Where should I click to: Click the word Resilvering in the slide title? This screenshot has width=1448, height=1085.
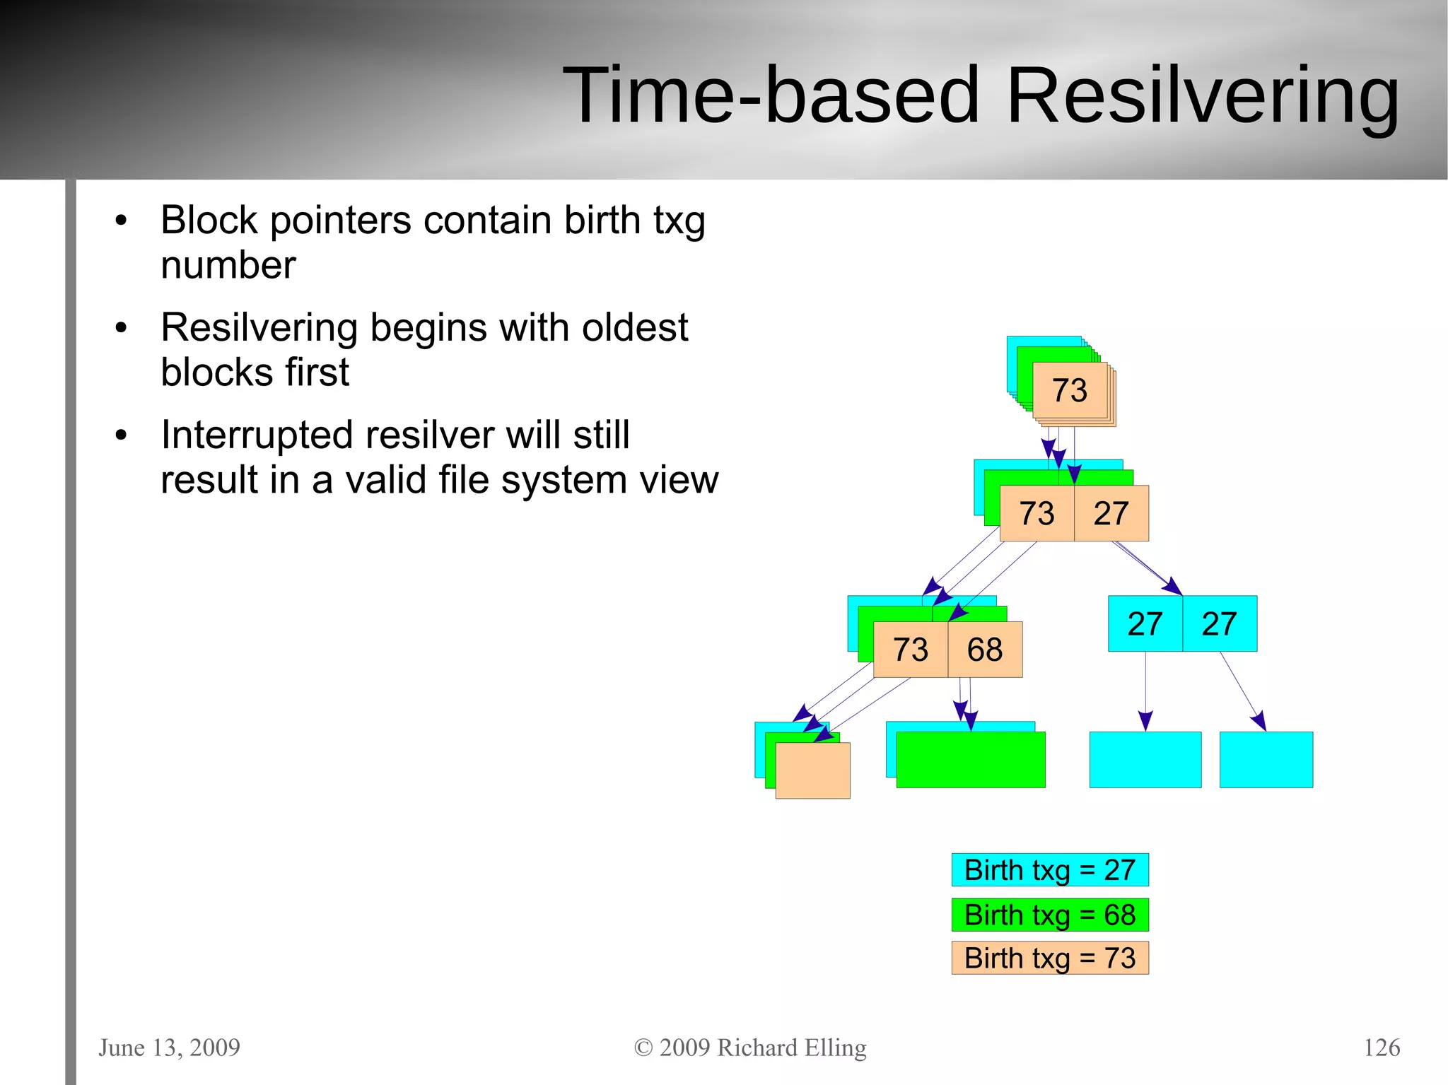(x=1202, y=95)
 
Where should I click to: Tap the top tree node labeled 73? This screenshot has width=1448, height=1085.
(x=1069, y=390)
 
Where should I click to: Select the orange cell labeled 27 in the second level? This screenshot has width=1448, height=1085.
(x=1111, y=513)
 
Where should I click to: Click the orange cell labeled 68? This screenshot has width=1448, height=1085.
(x=984, y=650)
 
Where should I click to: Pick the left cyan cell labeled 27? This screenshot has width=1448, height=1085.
(x=1145, y=623)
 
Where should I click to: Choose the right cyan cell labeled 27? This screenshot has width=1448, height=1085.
(x=1220, y=623)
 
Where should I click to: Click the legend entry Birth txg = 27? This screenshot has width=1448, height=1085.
(x=1049, y=869)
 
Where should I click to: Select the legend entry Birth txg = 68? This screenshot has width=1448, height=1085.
(x=1049, y=915)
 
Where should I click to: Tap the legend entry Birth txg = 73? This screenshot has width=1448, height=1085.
(x=1049, y=958)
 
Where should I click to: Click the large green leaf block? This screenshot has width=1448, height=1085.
(x=970, y=760)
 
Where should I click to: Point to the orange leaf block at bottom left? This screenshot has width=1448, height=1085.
(x=813, y=770)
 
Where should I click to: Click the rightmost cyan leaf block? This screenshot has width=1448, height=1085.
(x=1266, y=760)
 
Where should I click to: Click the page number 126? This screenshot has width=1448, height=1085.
(x=1381, y=1047)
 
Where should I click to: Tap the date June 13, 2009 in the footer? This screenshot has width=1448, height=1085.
(x=169, y=1047)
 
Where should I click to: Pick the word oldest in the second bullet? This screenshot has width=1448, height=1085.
(x=633, y=327)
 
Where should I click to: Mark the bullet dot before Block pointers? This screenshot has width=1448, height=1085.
(x=121, y=221)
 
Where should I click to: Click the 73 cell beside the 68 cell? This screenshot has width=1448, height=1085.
(x=910, y=650)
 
